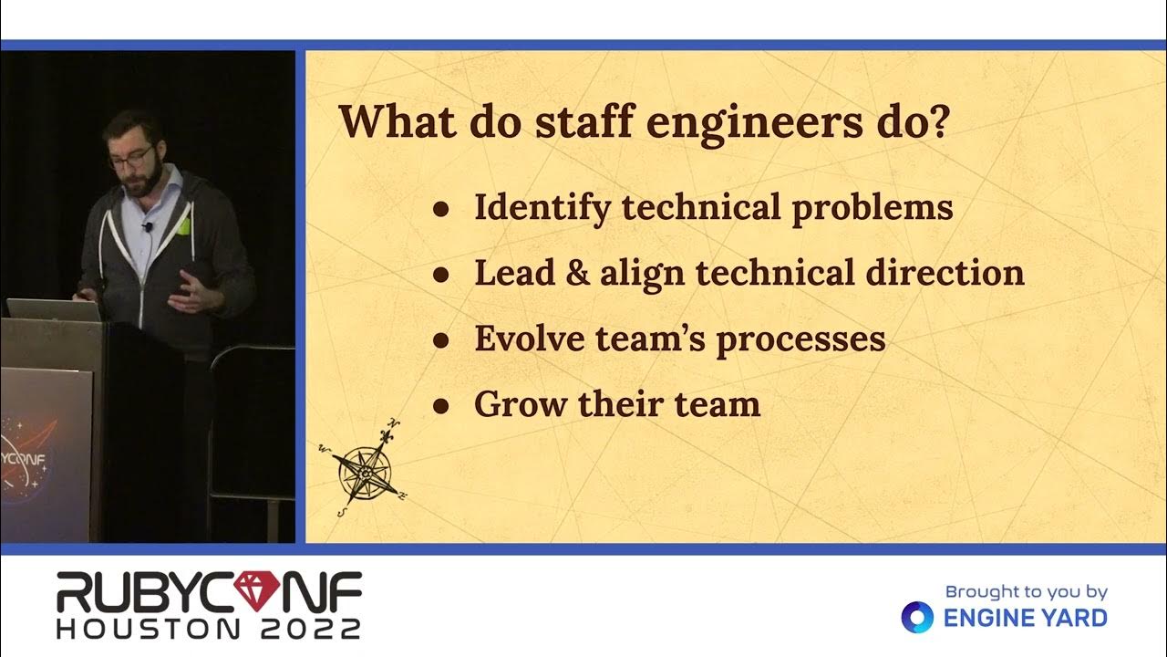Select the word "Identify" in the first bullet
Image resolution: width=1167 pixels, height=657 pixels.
(542, 209)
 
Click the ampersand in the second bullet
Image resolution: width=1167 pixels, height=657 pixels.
(577, 273)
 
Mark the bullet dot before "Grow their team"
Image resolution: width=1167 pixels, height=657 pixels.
(441, 405)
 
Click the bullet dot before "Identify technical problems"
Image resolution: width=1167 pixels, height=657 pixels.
(441, 209)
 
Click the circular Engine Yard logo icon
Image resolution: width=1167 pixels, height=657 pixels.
(917, 618)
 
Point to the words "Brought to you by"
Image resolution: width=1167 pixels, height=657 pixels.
(1026, 592)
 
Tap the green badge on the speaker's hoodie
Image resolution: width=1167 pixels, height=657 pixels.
(183, 225)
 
